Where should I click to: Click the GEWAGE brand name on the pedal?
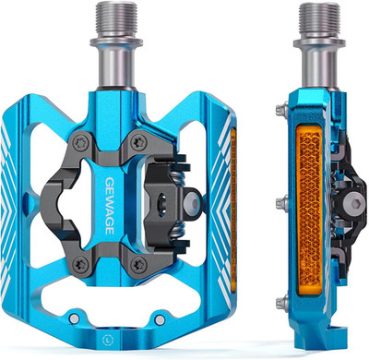pos(110,206)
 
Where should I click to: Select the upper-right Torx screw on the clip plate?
pos(138,143)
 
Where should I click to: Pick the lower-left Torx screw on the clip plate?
pos(81,262)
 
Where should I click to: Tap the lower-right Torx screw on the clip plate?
pos(137,263)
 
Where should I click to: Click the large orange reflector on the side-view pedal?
pos(309,210)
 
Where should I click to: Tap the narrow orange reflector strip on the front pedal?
pos(233,209)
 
